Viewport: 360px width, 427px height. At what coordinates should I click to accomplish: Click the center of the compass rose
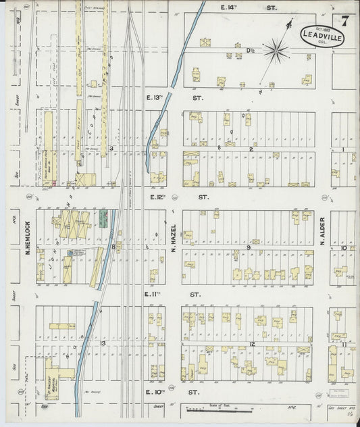coord(275,49)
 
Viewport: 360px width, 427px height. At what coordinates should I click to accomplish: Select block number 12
coord(251,345)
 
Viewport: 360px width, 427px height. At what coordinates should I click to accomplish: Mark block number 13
coord(103,343)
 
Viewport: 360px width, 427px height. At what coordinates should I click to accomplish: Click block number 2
coord(251,149)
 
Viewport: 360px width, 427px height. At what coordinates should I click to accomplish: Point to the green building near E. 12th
coord(103,217)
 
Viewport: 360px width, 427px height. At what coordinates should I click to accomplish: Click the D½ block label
coord(250,51)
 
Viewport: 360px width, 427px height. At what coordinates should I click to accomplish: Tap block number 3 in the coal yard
coord(111,147)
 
